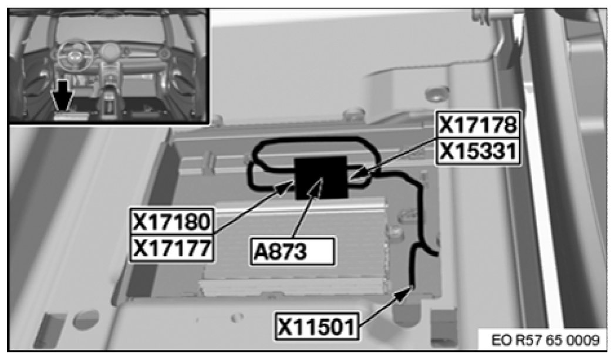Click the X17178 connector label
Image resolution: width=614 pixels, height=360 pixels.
(478, 126)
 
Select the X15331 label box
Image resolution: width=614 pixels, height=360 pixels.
(478, 151)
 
